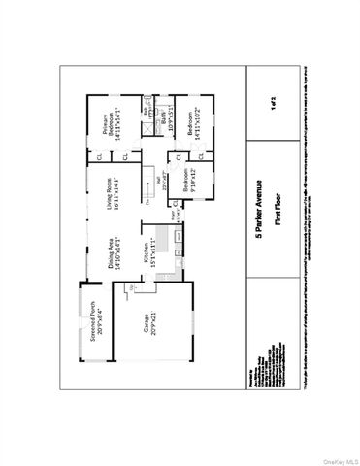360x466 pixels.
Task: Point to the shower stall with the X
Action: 147,108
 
